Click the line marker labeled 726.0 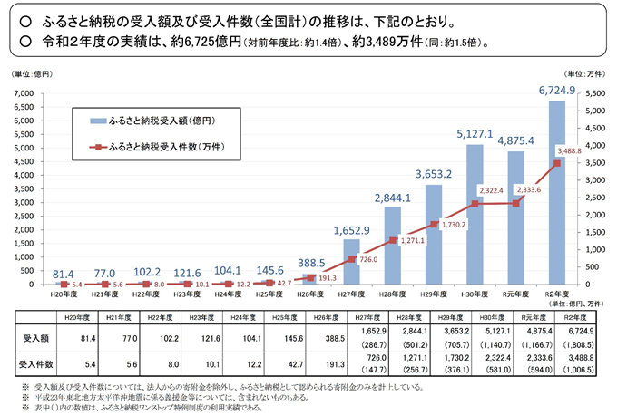click(350, 259)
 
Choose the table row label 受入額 click(34, 335)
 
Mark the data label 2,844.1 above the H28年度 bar click(393, 198)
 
